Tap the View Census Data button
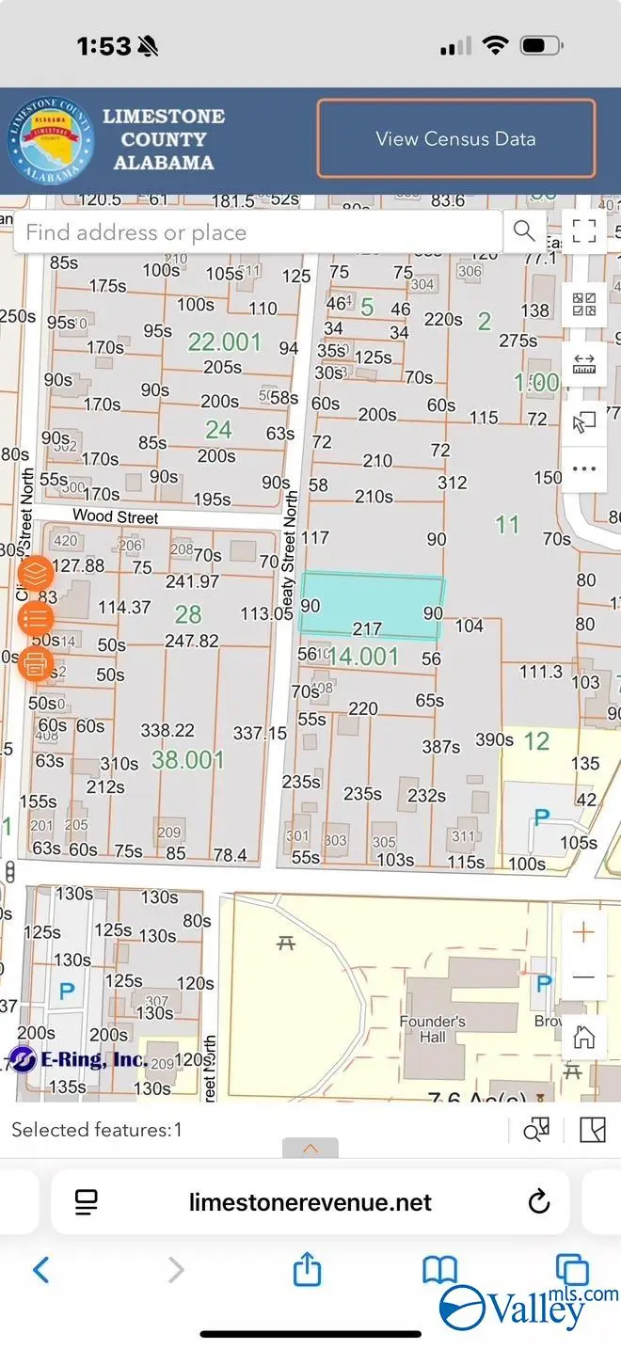click(x=456, y=139)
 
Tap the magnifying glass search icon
click(x=524, y=230)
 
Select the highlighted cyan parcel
click(x=372, y=603)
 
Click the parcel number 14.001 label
click(x=363, y=656)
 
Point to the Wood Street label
click(x=116, y=516)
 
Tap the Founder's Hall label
click(x=433, y=1029)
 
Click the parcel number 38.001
click(x=188, y=759)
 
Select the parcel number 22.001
click(x=224, y=341)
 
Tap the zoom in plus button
click(x=584, y=932)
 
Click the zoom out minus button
click(x=584, y=977)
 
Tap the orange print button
click(x=36, y=663)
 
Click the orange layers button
click(x=36, y=573)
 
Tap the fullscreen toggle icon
click(x=584, y=230)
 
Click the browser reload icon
click(x=539, y=1201)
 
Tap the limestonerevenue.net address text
click(x=310, y=1202)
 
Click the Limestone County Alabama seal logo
click(x=51, y=140)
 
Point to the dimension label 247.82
click(x=192, y=641)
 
